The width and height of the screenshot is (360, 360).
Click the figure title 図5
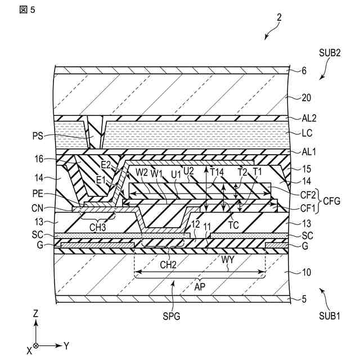point(26,12)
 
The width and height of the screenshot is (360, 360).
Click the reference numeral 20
point(306,97)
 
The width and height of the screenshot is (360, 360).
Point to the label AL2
point(308,119)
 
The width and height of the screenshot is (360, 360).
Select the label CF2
point(308,191)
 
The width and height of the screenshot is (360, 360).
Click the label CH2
point(169,263)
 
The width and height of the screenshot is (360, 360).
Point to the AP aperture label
point(200,286)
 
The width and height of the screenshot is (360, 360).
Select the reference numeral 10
point(305,273)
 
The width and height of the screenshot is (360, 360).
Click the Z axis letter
point(35,313)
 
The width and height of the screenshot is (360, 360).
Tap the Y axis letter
point(66,345)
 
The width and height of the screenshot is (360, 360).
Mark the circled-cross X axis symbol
point(36,345)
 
